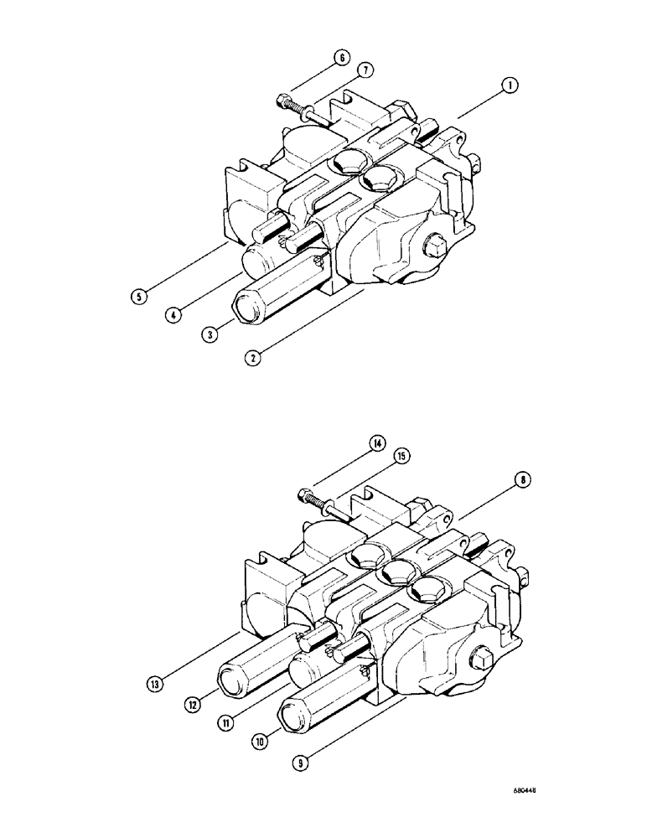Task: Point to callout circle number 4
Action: pos(173,317)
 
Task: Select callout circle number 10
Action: pos(261,741)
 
